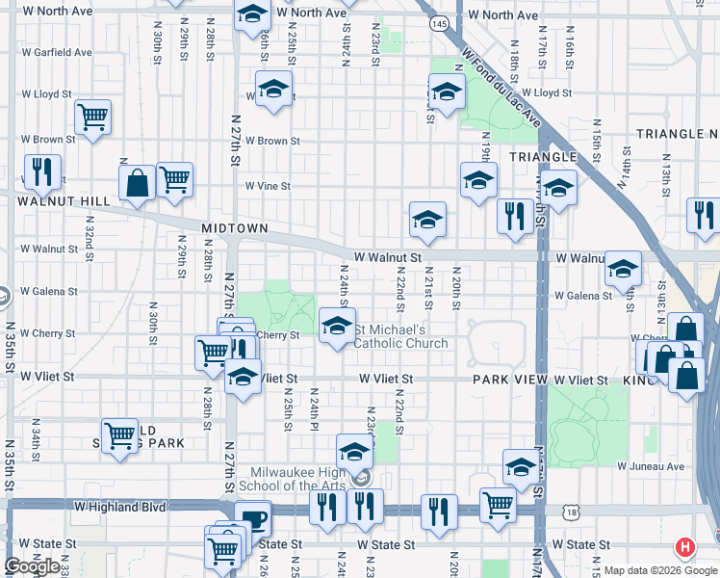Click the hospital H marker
tap(685, 547)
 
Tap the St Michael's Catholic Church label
tap(401, 337)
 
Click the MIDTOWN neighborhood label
tap(234, 228)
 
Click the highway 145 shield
tap(439, 22)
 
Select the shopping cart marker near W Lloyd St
tap(92, 118)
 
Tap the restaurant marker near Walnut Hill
tap(42, 172)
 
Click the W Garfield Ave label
tap(57, 52)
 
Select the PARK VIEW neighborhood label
tap(510, 381)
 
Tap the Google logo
tap(32, 566)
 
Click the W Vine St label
tap(267, 186)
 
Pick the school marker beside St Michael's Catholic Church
tap(337, 327)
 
